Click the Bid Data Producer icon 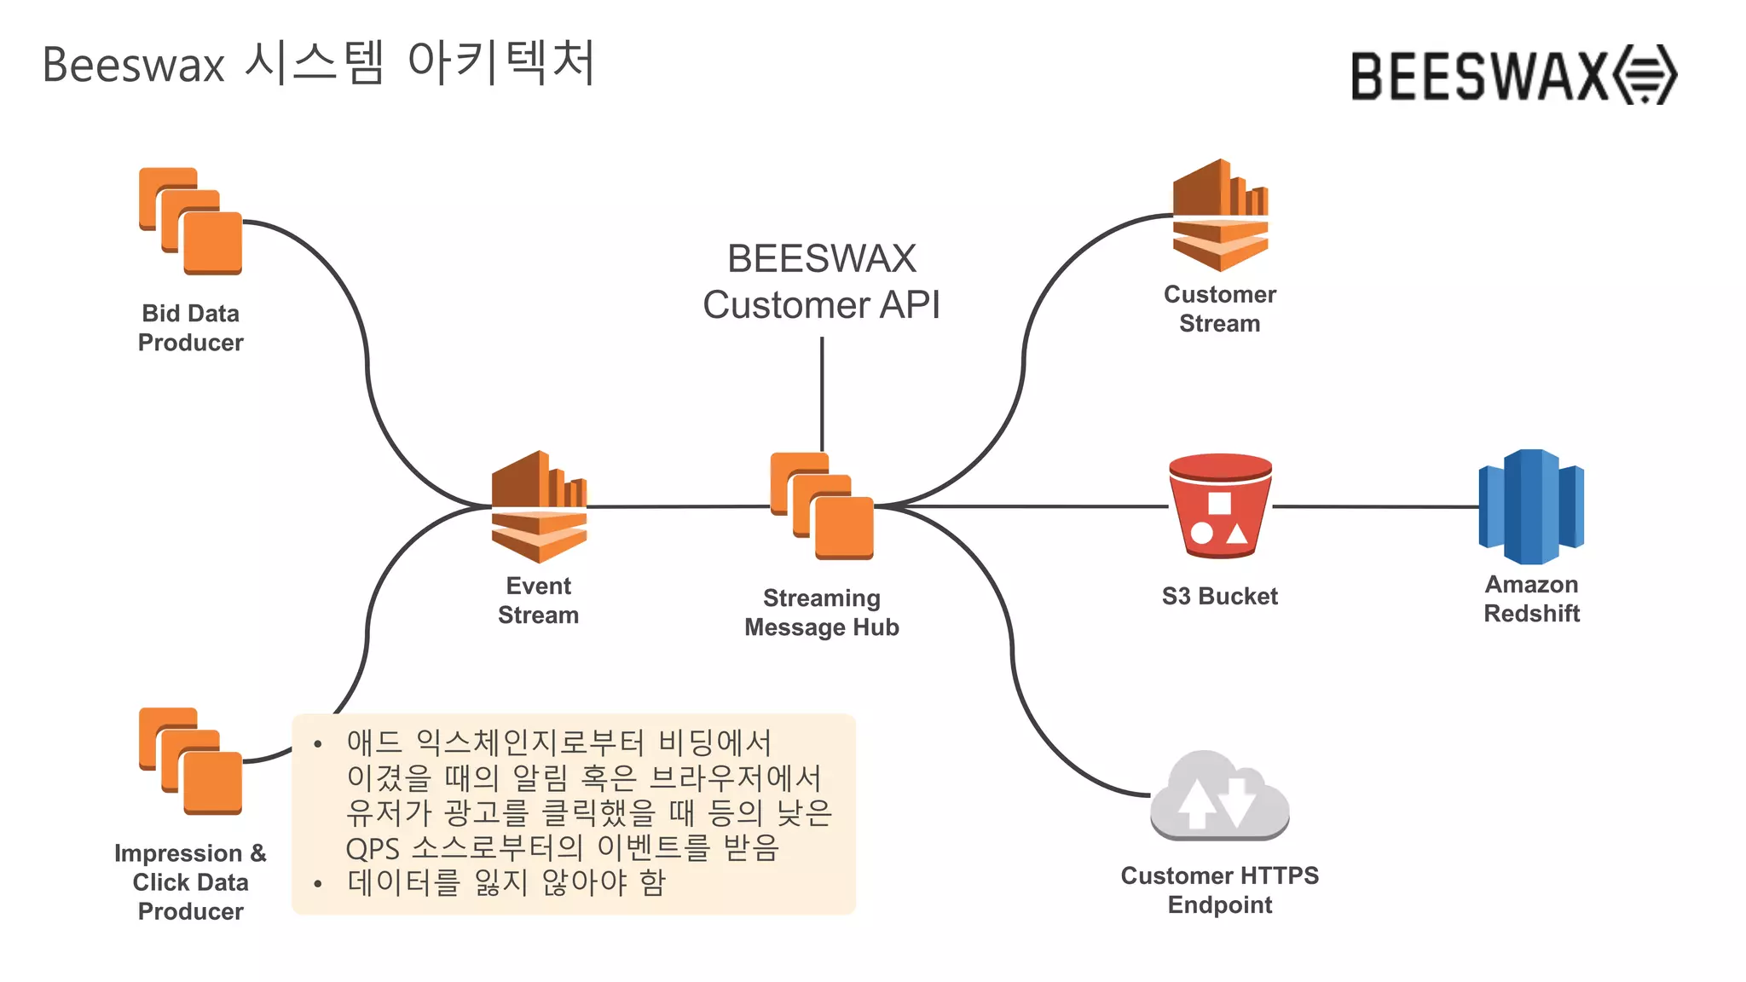tap(191, 222)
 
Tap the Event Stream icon tap(539, 506)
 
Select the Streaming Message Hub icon tap(822, 506)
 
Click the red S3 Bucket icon tap(1220, 506)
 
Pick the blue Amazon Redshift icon tap(1531, 506)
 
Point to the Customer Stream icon tap(1220, 217)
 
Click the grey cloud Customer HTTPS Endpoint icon tap(1219, 795)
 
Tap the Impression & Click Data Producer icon tap(191, 761)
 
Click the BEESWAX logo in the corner tap(1513, 76)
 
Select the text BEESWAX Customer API tap(822, 281)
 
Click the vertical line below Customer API tap(822, 392)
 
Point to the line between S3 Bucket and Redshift tap(1374, 506)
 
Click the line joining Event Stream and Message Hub tap(679, 506)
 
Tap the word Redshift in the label tap(1531, 614)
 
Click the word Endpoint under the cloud tap(1219, 905)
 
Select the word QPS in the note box tap(373, 849)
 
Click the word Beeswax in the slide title tap(133, 65)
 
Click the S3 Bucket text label tap(1219, 597)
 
